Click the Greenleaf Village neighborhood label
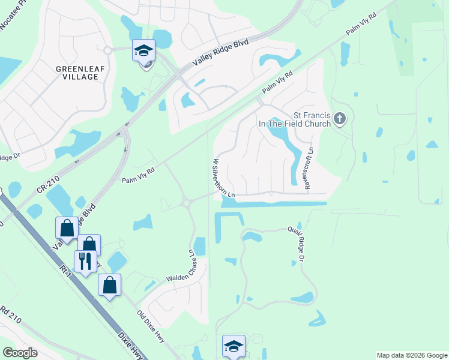(x=77, y=73)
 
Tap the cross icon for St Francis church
(x=340, y=118)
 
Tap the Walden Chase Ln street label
(x=193, y=265)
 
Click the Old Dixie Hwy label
(x=150, y=328)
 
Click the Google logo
(x=20, y=352)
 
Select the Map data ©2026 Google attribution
(x=411, y=355)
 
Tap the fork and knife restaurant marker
(x=85, y=261)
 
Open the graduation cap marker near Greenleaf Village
(x=143, y=51)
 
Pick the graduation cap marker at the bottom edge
(x=234, y=346)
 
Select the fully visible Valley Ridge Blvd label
(x=212, y=54)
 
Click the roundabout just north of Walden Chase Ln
(x=185, y=203)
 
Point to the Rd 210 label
(x=12, y=315)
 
